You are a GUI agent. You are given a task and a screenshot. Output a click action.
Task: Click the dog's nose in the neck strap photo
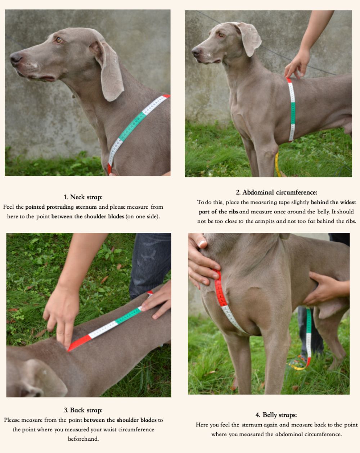pos(15,59)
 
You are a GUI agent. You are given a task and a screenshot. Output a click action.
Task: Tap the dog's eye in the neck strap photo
pos(59,40)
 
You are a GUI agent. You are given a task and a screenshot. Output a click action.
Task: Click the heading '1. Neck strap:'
pos(83,197)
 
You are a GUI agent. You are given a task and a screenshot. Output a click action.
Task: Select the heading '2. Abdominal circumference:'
pos(276,192)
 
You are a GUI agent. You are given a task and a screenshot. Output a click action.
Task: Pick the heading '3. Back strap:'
pos(83,410)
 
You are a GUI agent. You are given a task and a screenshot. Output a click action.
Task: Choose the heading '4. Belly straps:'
pos(276,415)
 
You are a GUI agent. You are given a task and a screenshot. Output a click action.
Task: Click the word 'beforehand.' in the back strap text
pos(83,439)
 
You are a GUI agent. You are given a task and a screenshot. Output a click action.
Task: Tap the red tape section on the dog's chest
pos(220,289)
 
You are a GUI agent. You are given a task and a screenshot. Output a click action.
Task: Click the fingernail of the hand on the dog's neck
pos(202,244)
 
